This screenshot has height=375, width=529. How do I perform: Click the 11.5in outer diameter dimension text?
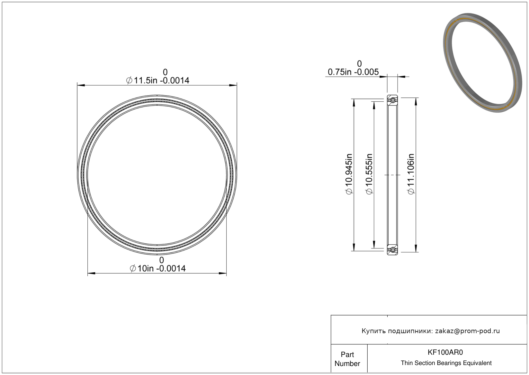(157, 81)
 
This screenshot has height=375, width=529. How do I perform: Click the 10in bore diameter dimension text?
(158, 268)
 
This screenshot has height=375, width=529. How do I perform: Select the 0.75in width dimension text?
(353, 72)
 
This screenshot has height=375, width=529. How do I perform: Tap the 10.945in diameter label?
(349, 174)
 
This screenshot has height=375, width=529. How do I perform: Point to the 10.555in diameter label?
(369, 174)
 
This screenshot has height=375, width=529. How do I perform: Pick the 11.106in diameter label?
(411, 174)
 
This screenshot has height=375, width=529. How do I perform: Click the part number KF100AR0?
(445, 352)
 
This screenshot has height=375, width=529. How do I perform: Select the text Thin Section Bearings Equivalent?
(446, 363)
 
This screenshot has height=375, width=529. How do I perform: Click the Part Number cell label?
(347, 359)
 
